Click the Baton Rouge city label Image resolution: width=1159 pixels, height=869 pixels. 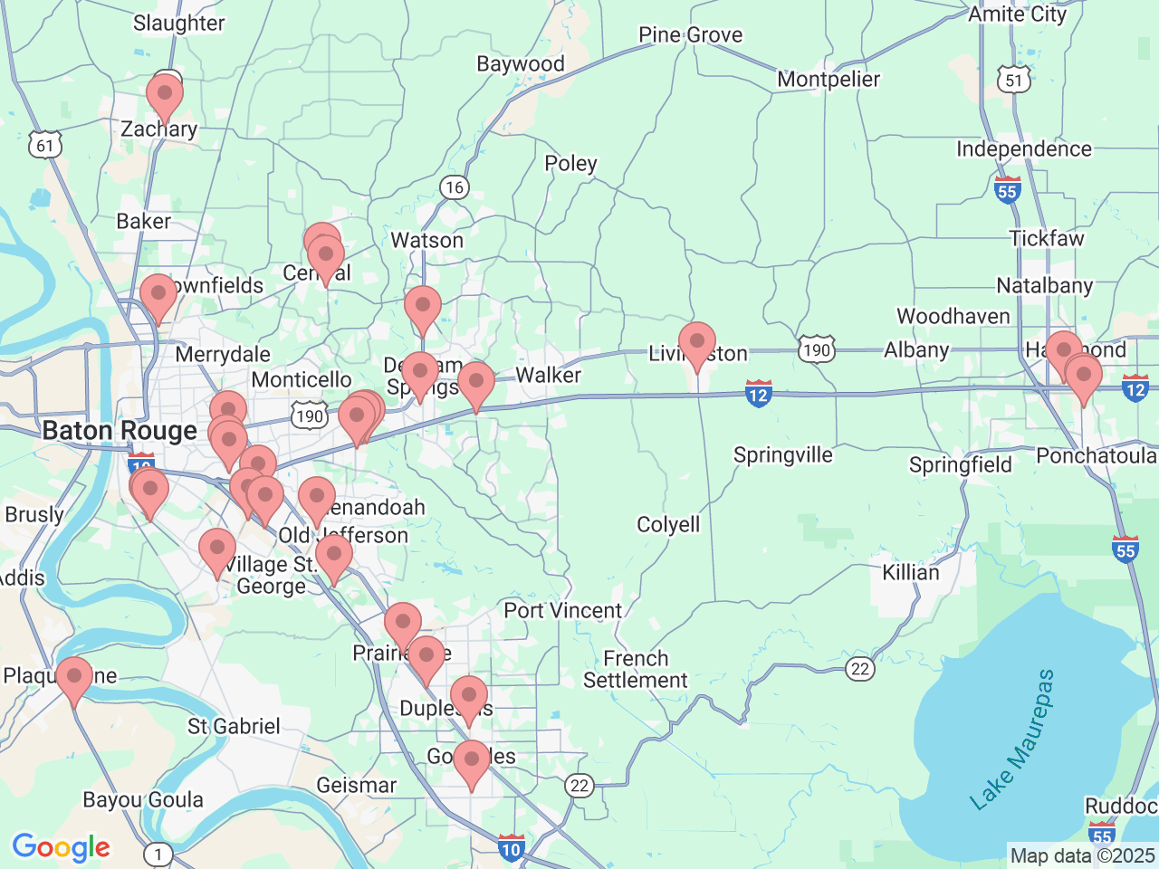(120, 431)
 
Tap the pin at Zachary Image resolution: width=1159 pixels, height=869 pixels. (165, 95)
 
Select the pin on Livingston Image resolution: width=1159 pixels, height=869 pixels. (697, 345)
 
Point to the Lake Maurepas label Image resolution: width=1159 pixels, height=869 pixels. (1012, 740)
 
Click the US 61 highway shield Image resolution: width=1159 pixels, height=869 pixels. (45, 145)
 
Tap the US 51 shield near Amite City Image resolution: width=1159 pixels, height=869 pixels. (1014, 80)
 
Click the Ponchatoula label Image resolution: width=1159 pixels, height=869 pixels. (1097, 455)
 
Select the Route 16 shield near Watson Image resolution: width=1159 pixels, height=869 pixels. (454, 187)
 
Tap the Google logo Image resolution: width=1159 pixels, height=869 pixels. (61, 847)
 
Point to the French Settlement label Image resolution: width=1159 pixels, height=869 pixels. (636, 670)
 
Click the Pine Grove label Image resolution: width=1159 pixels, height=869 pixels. (690, 35)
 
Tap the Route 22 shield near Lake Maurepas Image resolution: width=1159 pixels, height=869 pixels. (860, 669)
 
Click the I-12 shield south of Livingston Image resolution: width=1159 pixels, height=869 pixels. (759, 394)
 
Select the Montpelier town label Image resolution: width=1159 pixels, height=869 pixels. (829, 80)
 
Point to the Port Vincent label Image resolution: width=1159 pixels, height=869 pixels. (563, 611)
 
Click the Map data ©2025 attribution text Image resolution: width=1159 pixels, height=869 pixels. (1082, 855)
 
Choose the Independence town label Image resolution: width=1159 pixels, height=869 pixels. (1024, 149)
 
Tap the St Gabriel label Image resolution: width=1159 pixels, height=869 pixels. (234, 727)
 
